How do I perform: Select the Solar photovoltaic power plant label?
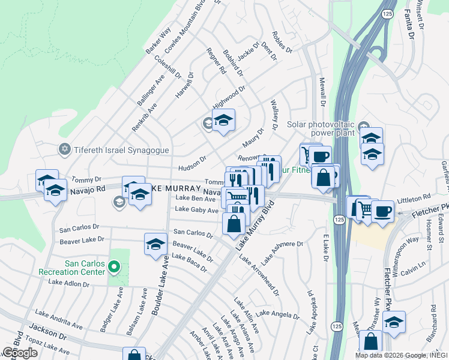[x=321, y=129]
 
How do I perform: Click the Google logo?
[x=20, y=353]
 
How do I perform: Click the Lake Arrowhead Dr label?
[x=259, y=275]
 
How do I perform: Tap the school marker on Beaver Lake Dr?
[x=155, y=244]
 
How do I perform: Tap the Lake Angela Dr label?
[x=280, y=314]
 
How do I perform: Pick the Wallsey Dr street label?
[x=275, y=115]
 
